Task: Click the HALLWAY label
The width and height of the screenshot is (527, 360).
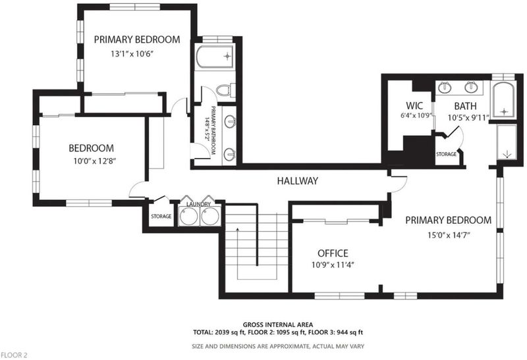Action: coord(297,181)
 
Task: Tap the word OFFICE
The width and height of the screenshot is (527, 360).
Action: coord(333,253)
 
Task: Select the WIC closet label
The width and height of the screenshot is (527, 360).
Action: coord(414,106)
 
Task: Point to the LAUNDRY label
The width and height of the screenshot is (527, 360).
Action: coord(198,204)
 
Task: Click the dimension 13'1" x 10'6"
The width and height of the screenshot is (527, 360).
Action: coord(132,54)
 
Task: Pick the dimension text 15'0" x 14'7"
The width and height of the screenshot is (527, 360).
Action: coord(449,235)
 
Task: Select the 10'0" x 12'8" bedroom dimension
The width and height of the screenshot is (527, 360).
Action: coord(95,161)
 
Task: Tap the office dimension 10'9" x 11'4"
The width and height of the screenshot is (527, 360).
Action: coord(333,265)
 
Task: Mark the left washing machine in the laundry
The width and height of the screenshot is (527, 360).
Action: coord(188,217)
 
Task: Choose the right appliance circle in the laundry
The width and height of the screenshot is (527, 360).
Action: coord(210,217)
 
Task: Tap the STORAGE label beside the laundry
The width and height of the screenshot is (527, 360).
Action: coord(161,217)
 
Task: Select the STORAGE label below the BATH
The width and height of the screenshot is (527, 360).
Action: coord(447,154)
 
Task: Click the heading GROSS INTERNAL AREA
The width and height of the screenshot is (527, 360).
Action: coord(278,324)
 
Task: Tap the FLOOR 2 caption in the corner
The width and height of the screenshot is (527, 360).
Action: coord(14,355)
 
